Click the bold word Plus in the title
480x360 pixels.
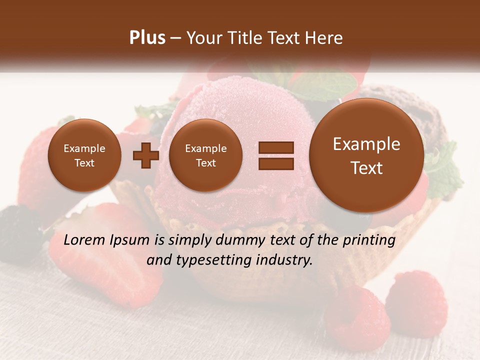click(x=147, y=37)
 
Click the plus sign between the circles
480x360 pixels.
click(x=145, y=155)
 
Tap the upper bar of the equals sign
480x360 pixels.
click(x=276, y=148)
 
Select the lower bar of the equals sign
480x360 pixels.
click(x=276, y=163)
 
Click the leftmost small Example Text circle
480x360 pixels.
click(x=84, y=155)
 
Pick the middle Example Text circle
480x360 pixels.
click(x=205, y=155)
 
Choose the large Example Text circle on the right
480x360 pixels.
click(x=366, y=155)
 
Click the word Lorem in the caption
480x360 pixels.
click(x=83, y=240)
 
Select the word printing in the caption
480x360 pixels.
click(x=369, y=241)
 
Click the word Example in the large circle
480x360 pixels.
click(x=366, y=144)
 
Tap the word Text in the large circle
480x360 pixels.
click(x=366, y=168)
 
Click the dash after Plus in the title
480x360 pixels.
click(x=175, y=38)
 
